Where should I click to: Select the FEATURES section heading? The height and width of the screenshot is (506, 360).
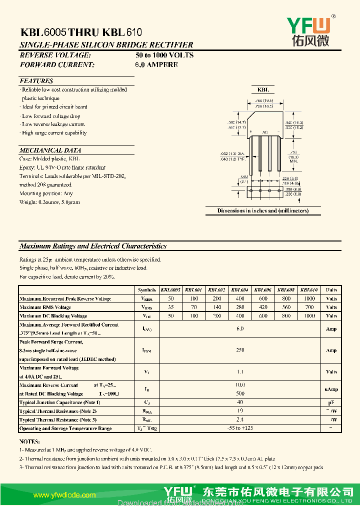click(x=36, y=81)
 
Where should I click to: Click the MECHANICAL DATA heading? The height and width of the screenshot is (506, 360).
click(x=50, y=150)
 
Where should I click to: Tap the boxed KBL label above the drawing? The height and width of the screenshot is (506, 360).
click(x=263, y=90)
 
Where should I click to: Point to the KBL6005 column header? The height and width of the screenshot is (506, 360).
click(x=170, y=290)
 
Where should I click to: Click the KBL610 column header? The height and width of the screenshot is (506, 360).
click(x=310, y=290)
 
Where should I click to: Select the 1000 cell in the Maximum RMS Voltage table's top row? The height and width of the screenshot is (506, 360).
click(x=310, y=298)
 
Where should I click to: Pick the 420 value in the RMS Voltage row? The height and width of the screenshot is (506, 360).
click(x=263, y=307)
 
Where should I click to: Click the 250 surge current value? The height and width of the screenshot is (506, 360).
click(x=240, y=350)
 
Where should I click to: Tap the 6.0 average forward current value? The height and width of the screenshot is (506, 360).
click(x=240, y=328)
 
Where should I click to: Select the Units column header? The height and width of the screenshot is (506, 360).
click(x=331, y=290)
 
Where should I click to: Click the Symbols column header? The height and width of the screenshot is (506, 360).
click(x=146, y=290)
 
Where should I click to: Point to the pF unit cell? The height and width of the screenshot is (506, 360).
click(x=331, y=402)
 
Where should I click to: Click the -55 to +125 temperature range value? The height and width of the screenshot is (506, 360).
click(x=240, y=428)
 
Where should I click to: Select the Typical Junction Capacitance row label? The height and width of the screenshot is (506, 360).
click(x=60, y=402)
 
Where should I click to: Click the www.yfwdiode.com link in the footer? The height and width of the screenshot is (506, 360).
click(x=64, y=495)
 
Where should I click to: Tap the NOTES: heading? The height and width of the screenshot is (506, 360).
click(x=29, y=442)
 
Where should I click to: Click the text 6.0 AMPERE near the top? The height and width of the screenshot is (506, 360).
click(x=156, y=64)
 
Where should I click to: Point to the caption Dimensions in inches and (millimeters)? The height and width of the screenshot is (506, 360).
click(x=262, y=210)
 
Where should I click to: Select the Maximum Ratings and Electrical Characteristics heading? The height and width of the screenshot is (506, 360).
click(x=92, y=246)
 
